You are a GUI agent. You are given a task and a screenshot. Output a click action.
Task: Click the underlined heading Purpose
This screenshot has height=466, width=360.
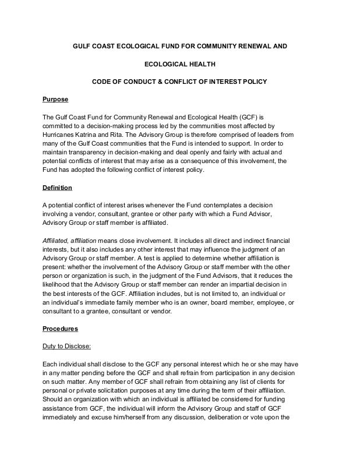tap(56, 99)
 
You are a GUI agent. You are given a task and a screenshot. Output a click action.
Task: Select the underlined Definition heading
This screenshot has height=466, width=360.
tap(58, 188)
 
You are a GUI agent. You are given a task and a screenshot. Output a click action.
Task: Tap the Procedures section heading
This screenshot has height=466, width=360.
tap(61, 329)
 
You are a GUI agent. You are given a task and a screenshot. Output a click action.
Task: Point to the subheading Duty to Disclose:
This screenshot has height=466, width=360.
tap(67, 347)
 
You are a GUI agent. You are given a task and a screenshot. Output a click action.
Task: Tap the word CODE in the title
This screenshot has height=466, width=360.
tap(103, 82)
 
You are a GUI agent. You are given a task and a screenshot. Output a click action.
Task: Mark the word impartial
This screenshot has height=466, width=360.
tap(236, 285)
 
